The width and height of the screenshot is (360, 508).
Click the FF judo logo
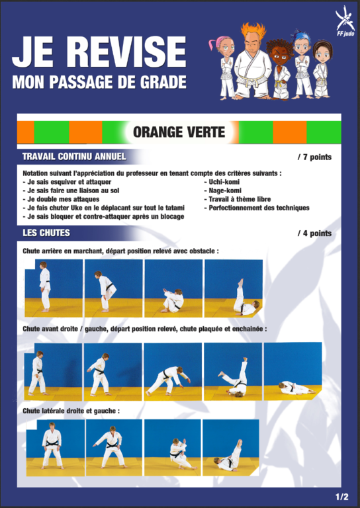(x=345, y=21)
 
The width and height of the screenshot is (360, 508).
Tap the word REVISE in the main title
(x=128, y=52)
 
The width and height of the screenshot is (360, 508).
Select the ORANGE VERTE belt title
(x=179, y=132)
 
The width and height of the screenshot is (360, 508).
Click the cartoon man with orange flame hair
(x=253, y=61)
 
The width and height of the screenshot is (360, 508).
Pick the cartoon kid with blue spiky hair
(x=302, y=64)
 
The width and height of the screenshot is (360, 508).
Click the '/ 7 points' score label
(x=314, y=157)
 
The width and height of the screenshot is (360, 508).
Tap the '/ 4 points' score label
(x=314, y=233)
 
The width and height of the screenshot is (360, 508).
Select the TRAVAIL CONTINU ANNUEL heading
(x=74, y=157)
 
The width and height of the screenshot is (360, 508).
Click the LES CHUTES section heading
(x=46, y=233)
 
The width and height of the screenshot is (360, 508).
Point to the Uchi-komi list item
(x=222, y=182)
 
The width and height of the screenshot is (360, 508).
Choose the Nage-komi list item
(x=222, y=190)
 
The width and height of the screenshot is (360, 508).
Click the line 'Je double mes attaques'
(x=62, y=199)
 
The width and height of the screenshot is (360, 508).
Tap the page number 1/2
(x=342, y=497)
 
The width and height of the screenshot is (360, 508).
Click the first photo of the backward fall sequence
(x=54, y=288)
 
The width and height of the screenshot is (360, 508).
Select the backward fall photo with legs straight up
(x=234, y=288)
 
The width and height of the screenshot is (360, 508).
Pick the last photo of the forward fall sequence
(x=293, y=371)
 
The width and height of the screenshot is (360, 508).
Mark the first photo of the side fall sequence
(x=56, y=448)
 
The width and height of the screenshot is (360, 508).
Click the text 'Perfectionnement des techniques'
(x=257, y=208)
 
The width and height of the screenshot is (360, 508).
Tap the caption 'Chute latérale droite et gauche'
(x=71, y=411)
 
